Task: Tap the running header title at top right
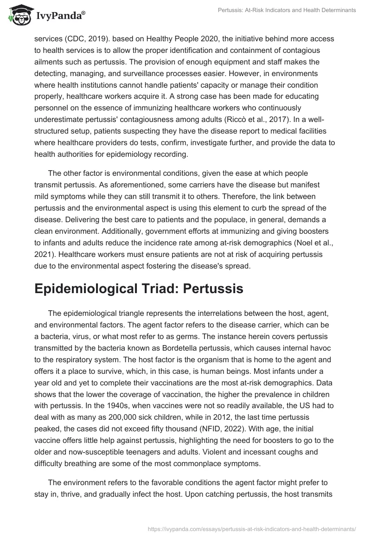point(287,11)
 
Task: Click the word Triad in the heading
point(153,288)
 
